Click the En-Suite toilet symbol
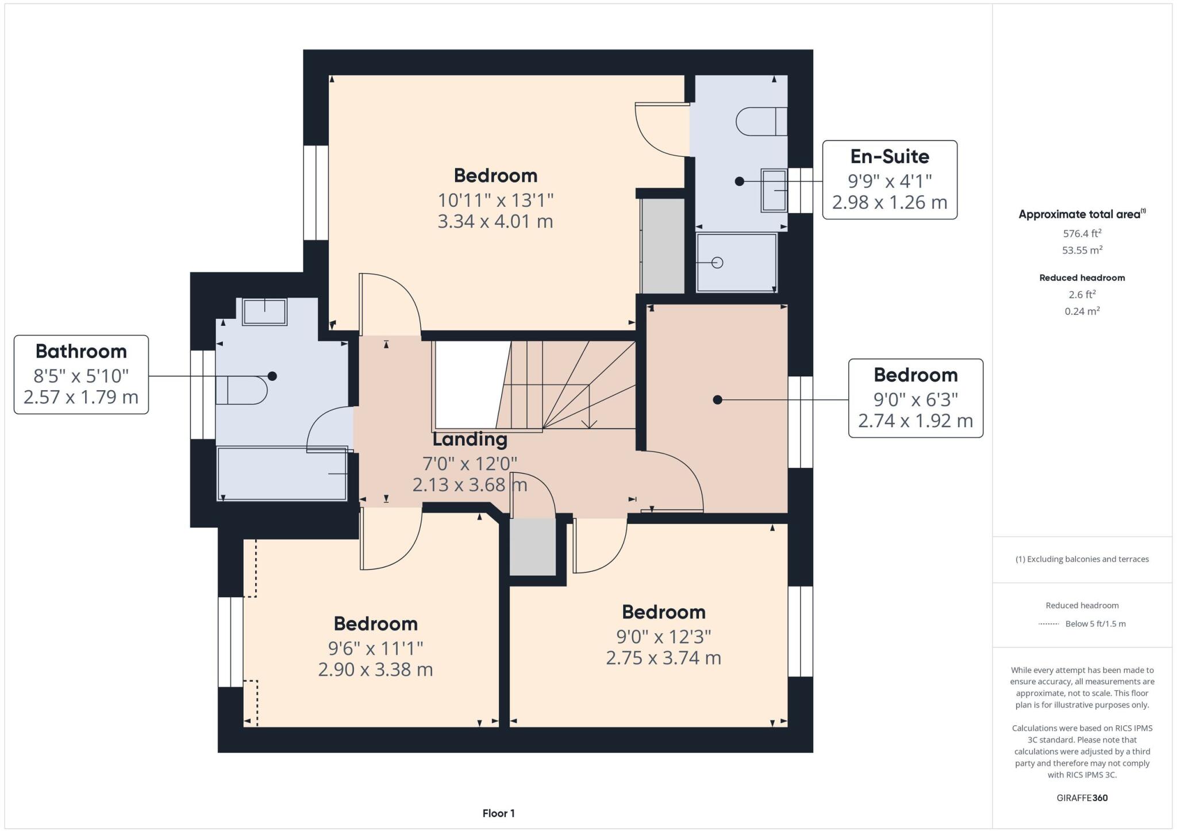(760, 121)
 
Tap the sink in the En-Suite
(774, 190)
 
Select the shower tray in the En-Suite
(736, 263)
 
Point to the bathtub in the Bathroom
(282, 474)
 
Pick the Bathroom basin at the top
(264, 311)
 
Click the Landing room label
(470, 439)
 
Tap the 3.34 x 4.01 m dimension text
(495, 221)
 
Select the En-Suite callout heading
(889, 156)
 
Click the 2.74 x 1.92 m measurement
(915, 421)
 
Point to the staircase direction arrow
(589, 424)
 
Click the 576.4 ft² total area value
(1082, 233)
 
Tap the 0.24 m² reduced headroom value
(1082, 311)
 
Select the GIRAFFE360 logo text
(1082, 798)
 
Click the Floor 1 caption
(498, 813)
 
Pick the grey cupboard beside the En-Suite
(663, 246)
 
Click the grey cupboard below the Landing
(533, 546)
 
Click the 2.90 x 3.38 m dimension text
(375, 670)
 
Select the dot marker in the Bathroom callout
(272, 376)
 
